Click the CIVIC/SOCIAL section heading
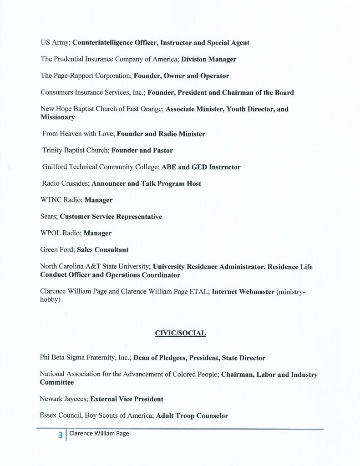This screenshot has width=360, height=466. tap(180, 333)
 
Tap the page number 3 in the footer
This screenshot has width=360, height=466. tap(60, 435)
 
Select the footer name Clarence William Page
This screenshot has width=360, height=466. tap(99, 433)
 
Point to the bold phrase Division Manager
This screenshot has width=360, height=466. tap(209, 59)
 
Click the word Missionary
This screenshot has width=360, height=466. tap(57, 117)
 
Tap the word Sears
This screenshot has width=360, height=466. tap(48, 217)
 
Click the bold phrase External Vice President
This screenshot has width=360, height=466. tap(127, 399)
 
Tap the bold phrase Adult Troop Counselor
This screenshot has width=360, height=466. tap(192, 415)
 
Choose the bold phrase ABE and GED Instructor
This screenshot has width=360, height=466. tap(201, 167)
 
